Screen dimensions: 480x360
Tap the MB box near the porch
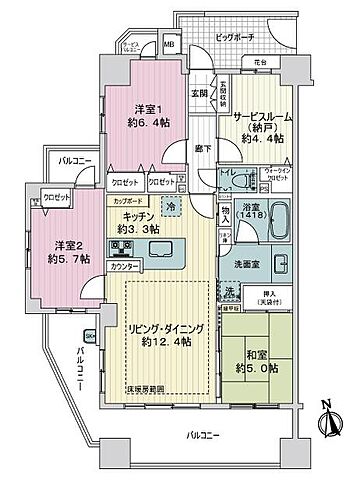point(170,45)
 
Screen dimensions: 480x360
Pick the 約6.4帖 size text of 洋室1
point(145,128)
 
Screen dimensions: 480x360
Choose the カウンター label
point(123,267)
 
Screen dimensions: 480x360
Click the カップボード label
point(125,201)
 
